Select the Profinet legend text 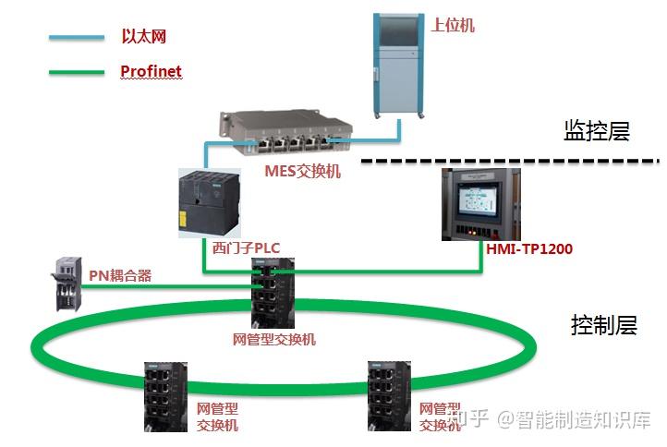(151, 71)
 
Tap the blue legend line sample (76, 38)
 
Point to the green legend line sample (76, 71)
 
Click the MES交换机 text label (302, 171)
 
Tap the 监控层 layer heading (596, 131)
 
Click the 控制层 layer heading (603, 325)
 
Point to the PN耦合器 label (120, 275)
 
